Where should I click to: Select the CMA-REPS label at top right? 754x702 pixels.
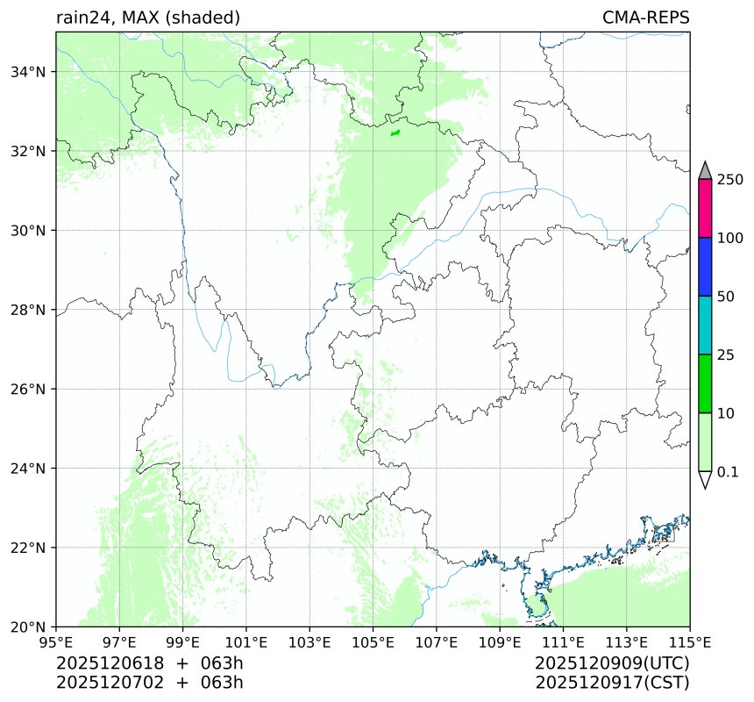tap(645, 18)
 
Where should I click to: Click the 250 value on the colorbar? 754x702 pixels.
tap(729, 180)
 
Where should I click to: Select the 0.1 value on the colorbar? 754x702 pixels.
tap(728, 472)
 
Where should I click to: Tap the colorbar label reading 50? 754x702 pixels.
tap(726, 297)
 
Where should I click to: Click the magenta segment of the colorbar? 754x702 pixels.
tap(705, 209)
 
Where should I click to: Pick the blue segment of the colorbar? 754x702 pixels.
tap(705, 267)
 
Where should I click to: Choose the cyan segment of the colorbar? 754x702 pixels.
tap(705, 325)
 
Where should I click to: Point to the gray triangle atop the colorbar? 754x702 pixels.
tap(705, 171)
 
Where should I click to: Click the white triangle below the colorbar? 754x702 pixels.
tap(705, 480)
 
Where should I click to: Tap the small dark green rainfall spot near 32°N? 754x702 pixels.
tap(395, 133)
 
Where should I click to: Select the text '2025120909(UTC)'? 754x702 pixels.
tap(612, 663)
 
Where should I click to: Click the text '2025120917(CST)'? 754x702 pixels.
tap(612, 682)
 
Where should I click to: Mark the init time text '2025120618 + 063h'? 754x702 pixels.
tap(149, 663)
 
